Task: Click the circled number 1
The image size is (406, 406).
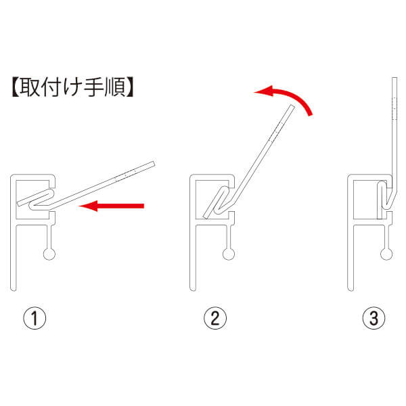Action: (35, 318)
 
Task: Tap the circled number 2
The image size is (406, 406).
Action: (215, 318)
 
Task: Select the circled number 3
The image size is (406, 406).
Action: (374, 318)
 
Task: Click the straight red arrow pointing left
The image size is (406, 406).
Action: (112, 206)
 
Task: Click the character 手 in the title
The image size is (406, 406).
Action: (93, 87)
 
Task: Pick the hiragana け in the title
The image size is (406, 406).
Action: (72, 87)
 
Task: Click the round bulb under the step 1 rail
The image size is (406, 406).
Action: (49, 254)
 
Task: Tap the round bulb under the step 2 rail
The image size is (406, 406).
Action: (229, 254)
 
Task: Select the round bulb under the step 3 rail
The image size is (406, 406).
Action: (386, 254)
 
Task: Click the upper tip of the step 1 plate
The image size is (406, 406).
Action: (154, 164)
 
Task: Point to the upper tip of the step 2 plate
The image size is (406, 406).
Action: (292, 106)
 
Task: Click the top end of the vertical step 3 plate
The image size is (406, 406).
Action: (394, 78)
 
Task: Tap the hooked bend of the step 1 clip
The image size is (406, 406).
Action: (31, 206)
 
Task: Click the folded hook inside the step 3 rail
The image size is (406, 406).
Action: (384, 195)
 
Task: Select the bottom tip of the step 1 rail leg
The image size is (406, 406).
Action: (14, 290)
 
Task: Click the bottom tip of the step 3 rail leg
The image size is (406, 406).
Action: (351, 290)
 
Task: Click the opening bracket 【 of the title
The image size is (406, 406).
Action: (16, 87)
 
